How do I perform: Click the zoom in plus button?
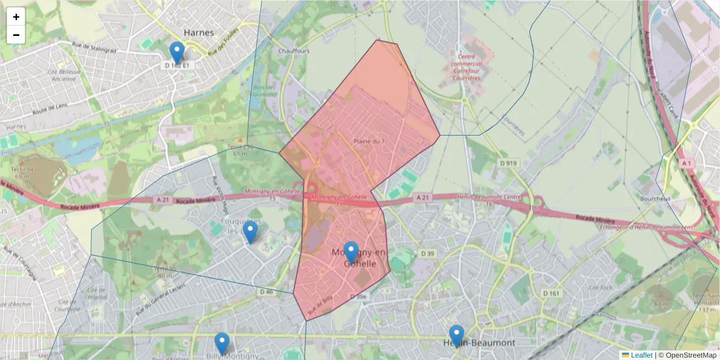pyautogui.click(x=16, y=17)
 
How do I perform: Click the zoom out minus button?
pyautogui.click(x=16, y=35)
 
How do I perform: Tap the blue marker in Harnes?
pyautogui.click(x=176, y=52)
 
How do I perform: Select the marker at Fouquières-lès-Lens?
pyautogui.click(x=250, y=232)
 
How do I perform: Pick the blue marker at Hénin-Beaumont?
pyautogui.click(x=457, y=335)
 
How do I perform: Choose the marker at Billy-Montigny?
pyautogui.click(x=222, y=343)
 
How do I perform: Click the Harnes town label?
pyautogui.click(x=199, y=32)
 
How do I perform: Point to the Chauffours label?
pyautogui.click(x=294, y=51)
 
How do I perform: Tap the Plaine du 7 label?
pyautogui.click(x=369, y=141)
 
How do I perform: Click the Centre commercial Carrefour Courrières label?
pyautogui.click(x=466, y=62)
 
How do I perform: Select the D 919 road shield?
pyautogui.click(x=508, y=163)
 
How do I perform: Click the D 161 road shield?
pyautogui.click(x=551, y=293)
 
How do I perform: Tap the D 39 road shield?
pyautogui.click(x=427, y=254)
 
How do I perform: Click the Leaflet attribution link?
pyautogui.click(x=641, y=355)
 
